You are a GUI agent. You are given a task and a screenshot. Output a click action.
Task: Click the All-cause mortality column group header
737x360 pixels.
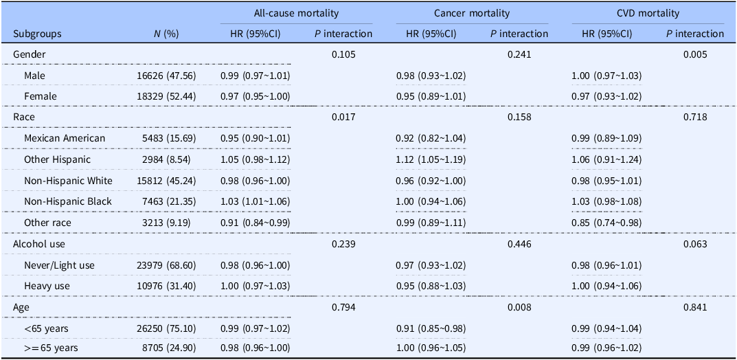point(296,14)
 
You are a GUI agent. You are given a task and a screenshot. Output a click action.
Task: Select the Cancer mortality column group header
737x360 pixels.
point(472,14)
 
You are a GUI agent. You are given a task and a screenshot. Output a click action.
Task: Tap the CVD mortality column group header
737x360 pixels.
point(648,14)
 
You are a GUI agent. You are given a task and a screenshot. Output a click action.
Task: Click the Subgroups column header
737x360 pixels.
point(37,34)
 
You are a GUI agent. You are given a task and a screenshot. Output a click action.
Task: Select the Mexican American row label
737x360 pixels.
point(65,139)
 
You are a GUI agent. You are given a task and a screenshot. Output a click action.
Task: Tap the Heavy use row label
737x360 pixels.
point(44,286)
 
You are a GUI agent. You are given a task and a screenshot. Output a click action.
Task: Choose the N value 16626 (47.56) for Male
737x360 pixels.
point(163,76)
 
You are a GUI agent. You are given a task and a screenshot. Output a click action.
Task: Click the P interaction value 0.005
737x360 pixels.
point(695,54)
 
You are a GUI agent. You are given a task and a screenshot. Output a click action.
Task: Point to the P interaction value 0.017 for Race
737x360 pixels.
point(343,117)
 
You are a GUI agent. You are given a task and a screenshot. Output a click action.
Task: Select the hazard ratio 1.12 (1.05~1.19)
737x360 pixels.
point(431,160)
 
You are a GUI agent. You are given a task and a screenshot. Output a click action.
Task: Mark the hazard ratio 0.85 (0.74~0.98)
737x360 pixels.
point(606,223)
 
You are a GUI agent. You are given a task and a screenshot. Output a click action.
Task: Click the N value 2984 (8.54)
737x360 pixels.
point(165,160)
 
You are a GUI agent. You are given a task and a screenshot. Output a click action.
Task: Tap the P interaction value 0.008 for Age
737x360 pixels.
point(519,307)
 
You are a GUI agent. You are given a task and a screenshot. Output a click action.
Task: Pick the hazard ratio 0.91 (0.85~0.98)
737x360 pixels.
point(431,328)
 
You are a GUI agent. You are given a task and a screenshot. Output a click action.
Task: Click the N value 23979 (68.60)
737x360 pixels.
point(163,265)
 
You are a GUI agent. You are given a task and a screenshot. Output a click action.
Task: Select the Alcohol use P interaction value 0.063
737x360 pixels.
point(695,244)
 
